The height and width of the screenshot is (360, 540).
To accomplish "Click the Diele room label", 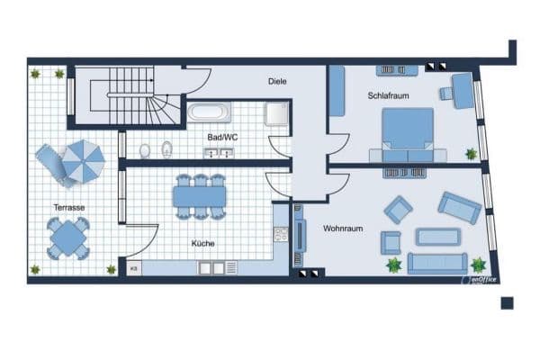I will tap(277, 81).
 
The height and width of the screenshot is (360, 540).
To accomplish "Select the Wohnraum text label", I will tap(343, 229).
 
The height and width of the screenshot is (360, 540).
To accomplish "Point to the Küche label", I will tap(202, 243).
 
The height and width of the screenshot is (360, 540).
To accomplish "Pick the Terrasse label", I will tap(69, 208).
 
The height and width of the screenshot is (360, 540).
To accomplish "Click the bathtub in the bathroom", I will tap(208, 113).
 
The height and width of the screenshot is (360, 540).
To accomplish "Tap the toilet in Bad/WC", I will tap(166, 148).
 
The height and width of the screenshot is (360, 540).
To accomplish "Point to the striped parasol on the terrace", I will tap(82, 160).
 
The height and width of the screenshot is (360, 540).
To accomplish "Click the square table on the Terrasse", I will tap(68, 238).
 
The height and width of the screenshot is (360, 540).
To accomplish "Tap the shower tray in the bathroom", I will tap(275, 112).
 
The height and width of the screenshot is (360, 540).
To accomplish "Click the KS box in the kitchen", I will tap(133, 267).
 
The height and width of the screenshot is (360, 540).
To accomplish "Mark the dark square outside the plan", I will tap(507, 302).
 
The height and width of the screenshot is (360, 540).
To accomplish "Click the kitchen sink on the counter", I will tap(212, 267).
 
